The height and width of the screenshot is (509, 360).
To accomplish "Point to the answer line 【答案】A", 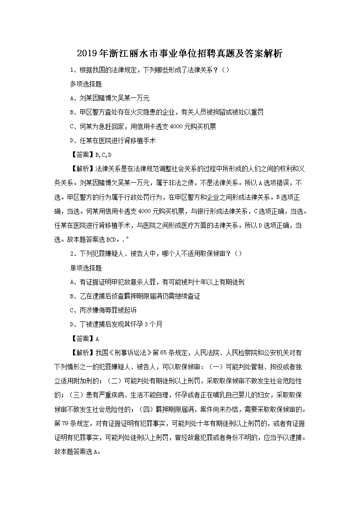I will click(x=84, y=339).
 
